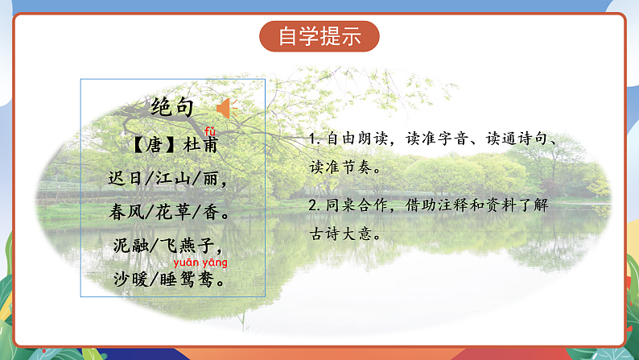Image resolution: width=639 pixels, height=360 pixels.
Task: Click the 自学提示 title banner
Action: point(319,37)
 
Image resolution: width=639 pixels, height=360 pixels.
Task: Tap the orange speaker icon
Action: point(225,107)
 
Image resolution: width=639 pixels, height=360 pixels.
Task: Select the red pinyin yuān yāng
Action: point(200,262)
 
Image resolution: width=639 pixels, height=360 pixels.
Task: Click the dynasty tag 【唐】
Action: point(147,146)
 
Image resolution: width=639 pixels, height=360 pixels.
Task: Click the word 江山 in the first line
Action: point(166,179)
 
